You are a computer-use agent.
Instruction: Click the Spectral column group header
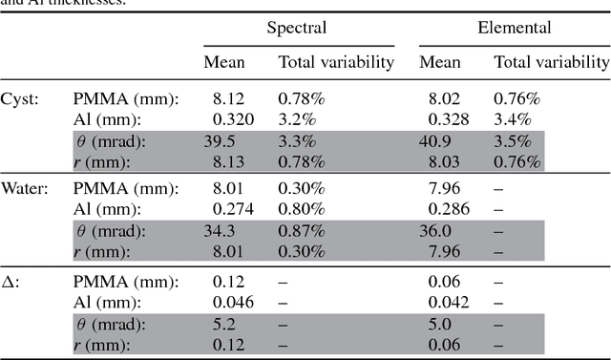(298, 28)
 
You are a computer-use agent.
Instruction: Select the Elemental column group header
(514, 28)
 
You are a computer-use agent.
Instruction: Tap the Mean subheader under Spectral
(224, 63)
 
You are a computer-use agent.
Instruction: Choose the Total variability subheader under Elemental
(551, 63)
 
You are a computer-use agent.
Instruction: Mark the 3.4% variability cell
(509, 119)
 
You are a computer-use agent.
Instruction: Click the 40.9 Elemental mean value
(434, 140)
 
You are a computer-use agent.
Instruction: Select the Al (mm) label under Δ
(105, 301)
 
